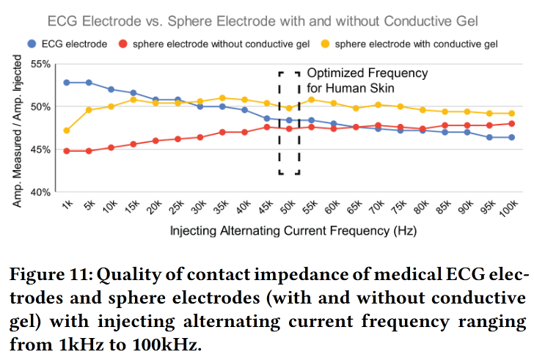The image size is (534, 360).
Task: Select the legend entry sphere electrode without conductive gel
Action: pos(213,44)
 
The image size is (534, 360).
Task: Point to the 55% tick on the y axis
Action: pos(40,65)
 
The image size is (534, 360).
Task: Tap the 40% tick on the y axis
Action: pos(40,192)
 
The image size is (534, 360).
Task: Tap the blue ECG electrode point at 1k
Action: pos(67,82)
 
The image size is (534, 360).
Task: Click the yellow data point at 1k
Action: pos(67,131)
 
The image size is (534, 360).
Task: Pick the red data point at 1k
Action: pos(67,151)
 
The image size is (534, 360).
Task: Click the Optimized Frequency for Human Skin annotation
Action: pos(366,80)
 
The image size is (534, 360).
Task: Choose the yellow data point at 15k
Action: pos(133,100)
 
